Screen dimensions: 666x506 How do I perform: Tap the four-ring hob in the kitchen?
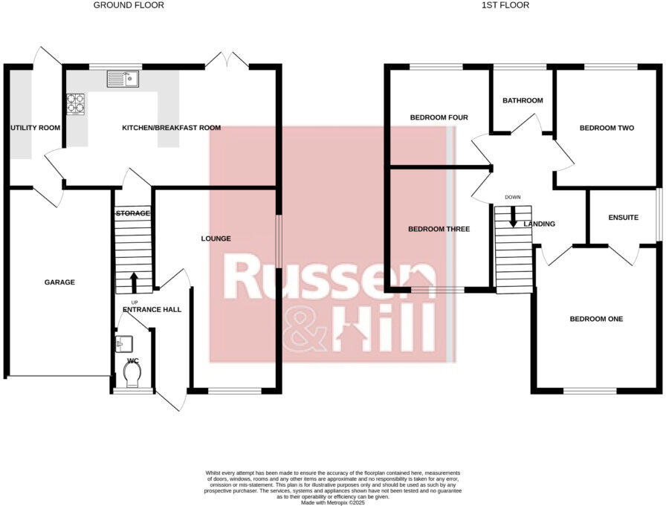point(75,103)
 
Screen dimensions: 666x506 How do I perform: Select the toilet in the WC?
point(133,378)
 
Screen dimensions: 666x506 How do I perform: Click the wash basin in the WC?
point(124,343)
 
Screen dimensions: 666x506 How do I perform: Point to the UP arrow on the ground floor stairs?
point(134,282)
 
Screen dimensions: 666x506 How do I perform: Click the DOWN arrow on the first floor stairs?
point(513,217)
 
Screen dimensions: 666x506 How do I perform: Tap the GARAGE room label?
point(59,282)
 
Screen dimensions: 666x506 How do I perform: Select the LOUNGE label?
point(216,239)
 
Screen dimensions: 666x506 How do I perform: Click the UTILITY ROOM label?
point(35,128)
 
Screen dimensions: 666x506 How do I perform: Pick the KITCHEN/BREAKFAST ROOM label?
point(171,128)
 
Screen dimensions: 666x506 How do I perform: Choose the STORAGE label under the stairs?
point(132,213)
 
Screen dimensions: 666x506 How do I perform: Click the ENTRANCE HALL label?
point(152,309)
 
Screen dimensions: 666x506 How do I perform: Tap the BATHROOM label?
point(523,100)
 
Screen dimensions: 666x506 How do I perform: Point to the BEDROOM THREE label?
point(439,229)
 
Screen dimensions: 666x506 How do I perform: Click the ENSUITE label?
point(623,218)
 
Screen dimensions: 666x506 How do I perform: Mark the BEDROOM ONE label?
point(596,319)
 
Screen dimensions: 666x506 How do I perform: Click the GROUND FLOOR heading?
point(129,5)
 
